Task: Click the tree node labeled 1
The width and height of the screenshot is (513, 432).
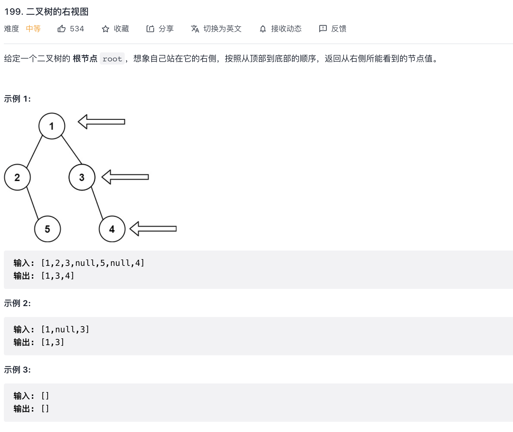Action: pyautogui.click(x=52, y=126)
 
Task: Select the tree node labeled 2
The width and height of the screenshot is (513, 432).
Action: pyautogui.click(x=17, y=177)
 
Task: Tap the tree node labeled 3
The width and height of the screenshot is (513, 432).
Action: pyautogui.click(x=82, y=177)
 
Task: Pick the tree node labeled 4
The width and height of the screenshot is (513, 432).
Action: pyautogui.click(x=112, y=229)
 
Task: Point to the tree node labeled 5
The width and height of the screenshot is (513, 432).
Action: pyautogui.click(x=47, y=229)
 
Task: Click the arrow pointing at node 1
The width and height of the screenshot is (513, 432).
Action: pyautogui.click(x=101, y=122)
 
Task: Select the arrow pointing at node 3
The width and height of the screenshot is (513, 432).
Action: pyautogui.click(x=125, y=177)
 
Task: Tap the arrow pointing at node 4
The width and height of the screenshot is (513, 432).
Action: pyautogui.click(x=153, y=229)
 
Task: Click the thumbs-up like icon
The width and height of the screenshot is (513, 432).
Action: pyautogui.click(x=61, y=29)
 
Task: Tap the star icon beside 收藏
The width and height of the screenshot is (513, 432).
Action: pyautogui.click(x=106, y=29)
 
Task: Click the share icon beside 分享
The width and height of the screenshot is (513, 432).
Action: pyautogui.click(x=150, y=29)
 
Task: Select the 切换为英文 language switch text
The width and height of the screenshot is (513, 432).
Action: pyautogui.click(x=222, y=29)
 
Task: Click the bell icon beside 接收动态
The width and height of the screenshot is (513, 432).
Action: pyautogui.click(x=263, y=29)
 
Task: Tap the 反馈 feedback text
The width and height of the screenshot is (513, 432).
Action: pyautogui.click(x=339, y=29)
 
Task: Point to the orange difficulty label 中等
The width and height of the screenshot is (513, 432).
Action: pyautogui.click(x=33, y=29)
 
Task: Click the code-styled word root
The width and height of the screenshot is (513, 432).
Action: pyautogui.click(x=112, y=59)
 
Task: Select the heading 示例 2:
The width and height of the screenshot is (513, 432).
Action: pyautogui.click(x=17, y=303)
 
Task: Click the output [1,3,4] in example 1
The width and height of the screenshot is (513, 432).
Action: pyautogui.click(x=58, y=276)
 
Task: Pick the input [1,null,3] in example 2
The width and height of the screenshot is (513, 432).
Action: pyautogui.click(x=65, y=329)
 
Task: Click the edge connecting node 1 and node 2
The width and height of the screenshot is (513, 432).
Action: pyautogui.click(x=35, y=151)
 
